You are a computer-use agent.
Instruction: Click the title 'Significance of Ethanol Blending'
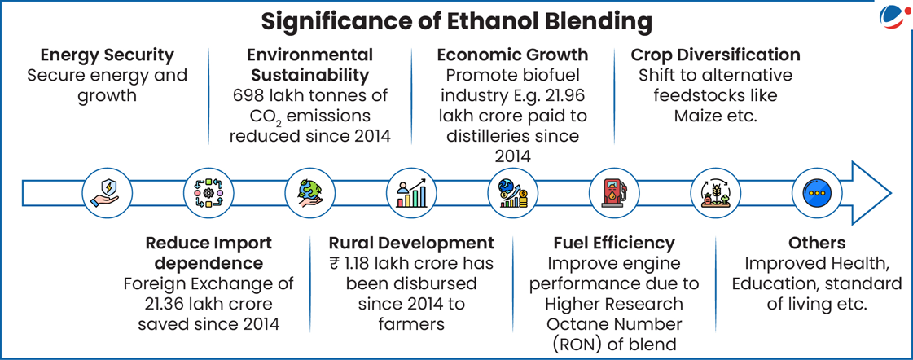coord(456,21)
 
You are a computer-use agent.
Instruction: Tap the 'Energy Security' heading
coord(108,55)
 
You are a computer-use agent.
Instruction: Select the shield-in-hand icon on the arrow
coord(105,192)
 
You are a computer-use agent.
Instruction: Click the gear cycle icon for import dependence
coord(208,192)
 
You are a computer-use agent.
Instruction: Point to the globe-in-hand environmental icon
coord(309,192)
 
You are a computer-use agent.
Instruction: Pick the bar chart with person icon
coord(410,192)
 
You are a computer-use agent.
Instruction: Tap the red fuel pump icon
coord(613,192)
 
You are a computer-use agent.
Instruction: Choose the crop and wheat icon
coord(714,192)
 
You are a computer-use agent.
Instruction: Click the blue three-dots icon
coord(816,192)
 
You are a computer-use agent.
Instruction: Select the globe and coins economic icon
coord(511,192)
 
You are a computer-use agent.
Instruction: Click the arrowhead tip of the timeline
coord(890,193)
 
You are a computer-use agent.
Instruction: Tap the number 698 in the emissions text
coord(245,95)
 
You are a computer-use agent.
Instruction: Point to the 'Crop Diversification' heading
coord(716,55)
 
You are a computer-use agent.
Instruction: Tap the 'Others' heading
coord(817,243)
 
